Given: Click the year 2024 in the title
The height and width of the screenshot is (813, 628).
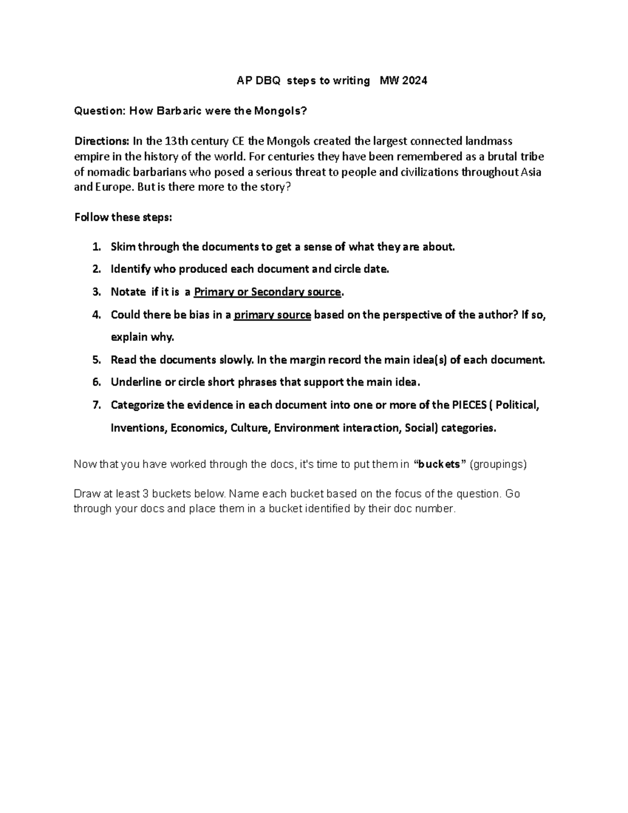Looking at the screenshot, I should point(414,81).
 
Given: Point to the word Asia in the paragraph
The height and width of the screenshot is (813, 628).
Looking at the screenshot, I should point(531,172).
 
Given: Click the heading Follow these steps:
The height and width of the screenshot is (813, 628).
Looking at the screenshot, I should point(123,217).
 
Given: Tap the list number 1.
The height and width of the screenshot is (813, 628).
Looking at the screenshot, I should point(96,247).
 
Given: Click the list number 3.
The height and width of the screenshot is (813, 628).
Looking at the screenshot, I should point(96,292).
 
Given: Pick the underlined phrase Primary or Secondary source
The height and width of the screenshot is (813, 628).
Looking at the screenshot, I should point(267,292).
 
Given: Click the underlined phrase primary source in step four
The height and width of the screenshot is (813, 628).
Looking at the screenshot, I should point(273,315).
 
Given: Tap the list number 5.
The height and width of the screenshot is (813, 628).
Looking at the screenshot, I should point(96,360).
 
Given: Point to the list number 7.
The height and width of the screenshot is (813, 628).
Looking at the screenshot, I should point(96,405).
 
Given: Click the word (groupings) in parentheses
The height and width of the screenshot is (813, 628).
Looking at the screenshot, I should point(498,464).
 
